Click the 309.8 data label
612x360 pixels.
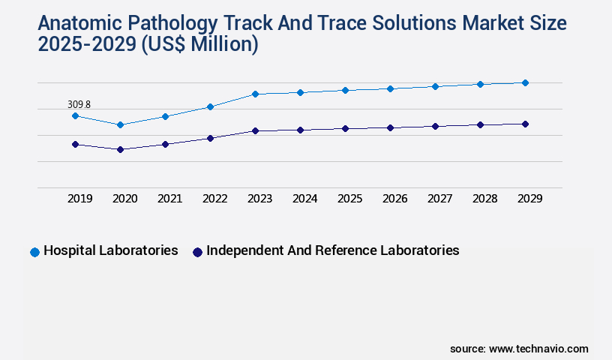79,104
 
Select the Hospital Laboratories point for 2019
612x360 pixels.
75,115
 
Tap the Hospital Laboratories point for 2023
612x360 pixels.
255,94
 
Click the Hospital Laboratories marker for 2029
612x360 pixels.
525,82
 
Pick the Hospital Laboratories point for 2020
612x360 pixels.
120,124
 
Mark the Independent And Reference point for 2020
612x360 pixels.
120,149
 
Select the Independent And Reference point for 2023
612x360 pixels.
255,130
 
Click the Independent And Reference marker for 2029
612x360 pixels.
525,124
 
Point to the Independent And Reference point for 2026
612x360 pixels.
390,127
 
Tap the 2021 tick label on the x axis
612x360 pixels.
169,199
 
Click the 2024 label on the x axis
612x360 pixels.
304,199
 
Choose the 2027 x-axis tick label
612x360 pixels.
439,199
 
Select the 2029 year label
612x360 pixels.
529,199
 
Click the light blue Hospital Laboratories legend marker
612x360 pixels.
34,252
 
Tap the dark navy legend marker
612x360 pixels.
197,252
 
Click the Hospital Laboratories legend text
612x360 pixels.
110,250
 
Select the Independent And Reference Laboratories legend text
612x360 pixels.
332,250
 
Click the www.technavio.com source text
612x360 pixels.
538,349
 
